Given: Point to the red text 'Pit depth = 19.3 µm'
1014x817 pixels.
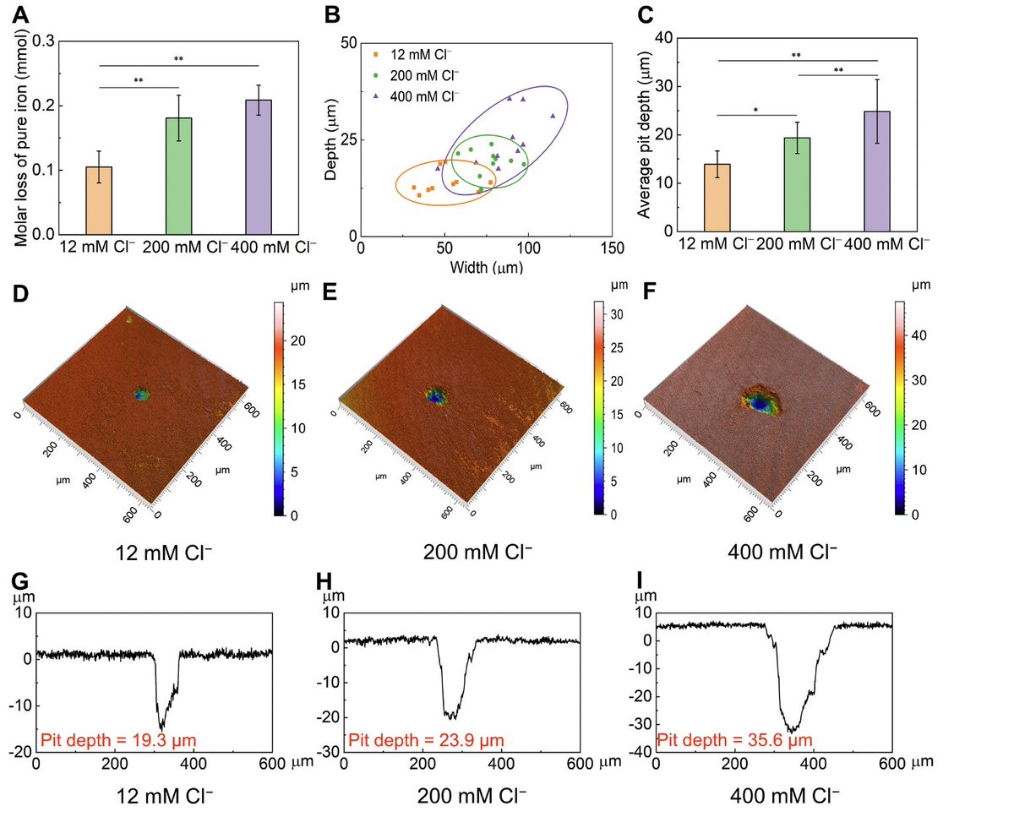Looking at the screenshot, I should tap(118, 740).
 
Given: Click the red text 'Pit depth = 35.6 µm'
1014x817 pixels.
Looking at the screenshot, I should tap(735, 740).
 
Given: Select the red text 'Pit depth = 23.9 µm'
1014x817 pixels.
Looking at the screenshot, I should tap(427, 740).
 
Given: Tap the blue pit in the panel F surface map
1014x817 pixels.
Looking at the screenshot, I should tap(760, 405).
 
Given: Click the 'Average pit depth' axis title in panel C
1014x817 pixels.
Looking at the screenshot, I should tap(644, 133).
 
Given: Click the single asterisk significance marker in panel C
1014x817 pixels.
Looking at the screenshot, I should tap(757, 110).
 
